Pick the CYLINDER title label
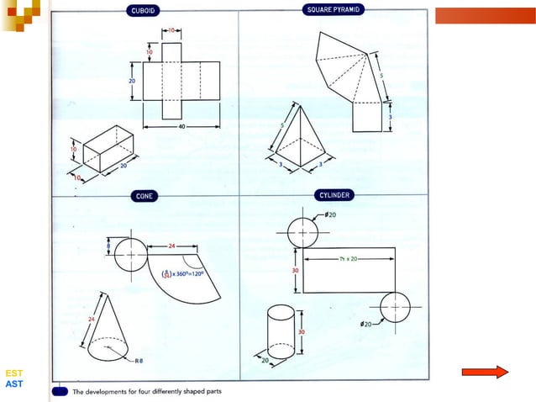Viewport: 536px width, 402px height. click(334, 194)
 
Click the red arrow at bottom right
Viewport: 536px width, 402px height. click(486, 371)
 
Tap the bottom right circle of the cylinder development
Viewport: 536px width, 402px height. click(394, 308)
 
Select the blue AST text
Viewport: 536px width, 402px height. click(13, 383)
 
